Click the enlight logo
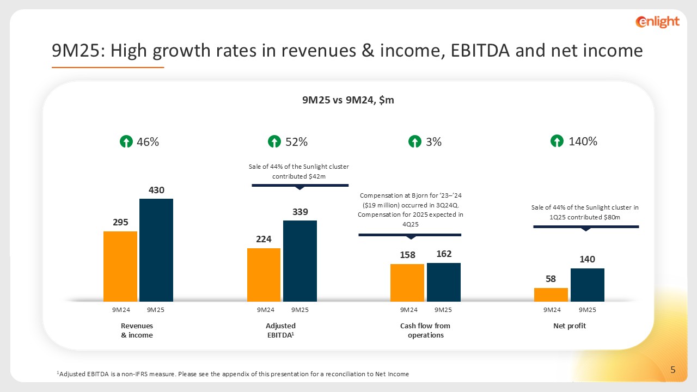(x=657, y=22)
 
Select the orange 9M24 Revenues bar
(x=120, y=266)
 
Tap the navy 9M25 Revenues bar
(x=156, y=250)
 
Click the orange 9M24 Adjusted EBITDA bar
(x=264, y=274)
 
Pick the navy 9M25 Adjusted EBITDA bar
(x=300, y=261)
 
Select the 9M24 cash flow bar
(x=407, y=283)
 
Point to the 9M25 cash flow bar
(x=444, y=282)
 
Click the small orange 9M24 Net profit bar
(x=551, y=295)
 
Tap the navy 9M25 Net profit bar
(x=588, y=285)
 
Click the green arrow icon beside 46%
(x=126, y=142)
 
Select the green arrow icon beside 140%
(x=557, y=142)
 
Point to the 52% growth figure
(x=297, y=142)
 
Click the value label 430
(x=156, y=190)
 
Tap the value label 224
(x=264, y=239)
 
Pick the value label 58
(x=551, y=279)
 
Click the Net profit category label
(x=569, y=326)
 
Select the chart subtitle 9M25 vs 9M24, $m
(x=348, y=100)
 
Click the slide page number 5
(x=673, y=371)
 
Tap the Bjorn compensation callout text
(x=411, y=210)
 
